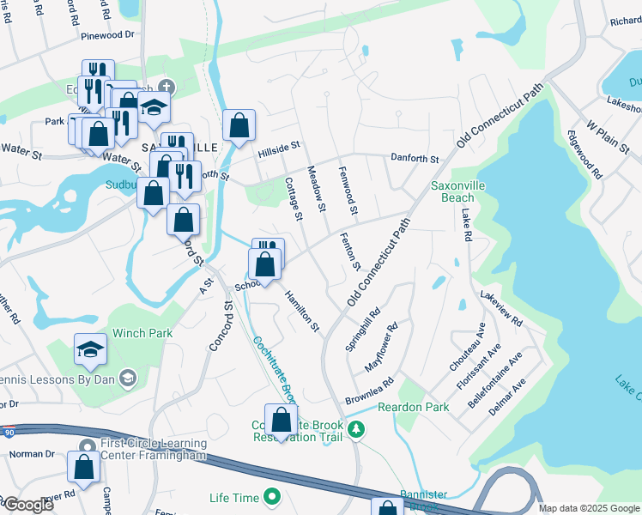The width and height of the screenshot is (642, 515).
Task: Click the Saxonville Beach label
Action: [x=451, y=191]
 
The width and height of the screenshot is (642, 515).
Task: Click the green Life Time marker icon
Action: [x=272, y=497]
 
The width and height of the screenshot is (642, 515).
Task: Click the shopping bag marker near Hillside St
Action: [x=239, y=124]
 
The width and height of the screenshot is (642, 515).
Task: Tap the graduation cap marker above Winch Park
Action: [x=90, y=349]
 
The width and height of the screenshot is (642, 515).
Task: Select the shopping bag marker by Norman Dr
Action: [x=84, y=468]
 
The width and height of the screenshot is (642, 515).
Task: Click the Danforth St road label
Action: [x=415, y=159]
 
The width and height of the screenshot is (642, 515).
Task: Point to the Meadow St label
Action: [x=316, y=189]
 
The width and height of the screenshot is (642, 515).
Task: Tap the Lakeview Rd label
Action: [x=501, y=309]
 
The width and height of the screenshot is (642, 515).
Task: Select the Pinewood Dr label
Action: [x=108, y=35]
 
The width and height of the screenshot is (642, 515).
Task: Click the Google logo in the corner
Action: [x=27, y=505]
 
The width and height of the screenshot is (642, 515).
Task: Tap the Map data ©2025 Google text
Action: [x=589, y=508]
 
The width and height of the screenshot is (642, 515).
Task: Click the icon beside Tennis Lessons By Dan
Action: [x=127, y=378]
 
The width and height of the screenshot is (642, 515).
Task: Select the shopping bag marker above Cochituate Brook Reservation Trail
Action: [x=281, y=421]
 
